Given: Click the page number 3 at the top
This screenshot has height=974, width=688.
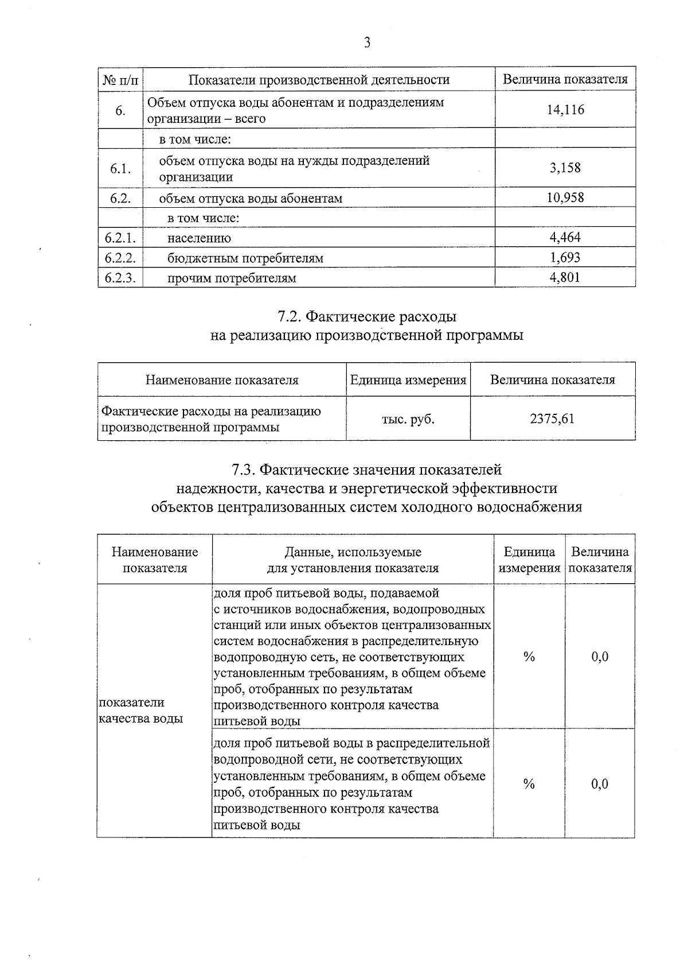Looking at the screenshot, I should coord(367,43).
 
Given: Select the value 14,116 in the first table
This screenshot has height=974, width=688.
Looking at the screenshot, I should coord(565,110).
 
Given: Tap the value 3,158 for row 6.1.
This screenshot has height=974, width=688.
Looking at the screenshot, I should coord(565,168).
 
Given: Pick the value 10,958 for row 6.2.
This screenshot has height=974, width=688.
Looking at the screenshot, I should coord(565,197).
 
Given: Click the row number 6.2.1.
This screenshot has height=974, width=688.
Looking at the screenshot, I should coord(120,238).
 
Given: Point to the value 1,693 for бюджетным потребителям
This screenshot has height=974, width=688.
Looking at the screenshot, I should coord(565,257).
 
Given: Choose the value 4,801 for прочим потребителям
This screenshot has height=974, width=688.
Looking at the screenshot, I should coord(565,278).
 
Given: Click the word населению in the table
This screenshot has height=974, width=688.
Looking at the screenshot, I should coord(200,238).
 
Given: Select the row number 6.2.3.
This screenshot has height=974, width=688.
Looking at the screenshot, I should coord(120,278).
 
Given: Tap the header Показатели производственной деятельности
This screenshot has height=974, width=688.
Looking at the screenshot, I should coord(319,80).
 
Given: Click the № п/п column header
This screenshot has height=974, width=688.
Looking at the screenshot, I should coord(120,80).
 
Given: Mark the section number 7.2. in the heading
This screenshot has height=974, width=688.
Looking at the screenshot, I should coord(290,317).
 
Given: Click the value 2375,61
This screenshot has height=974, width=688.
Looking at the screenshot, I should coord(552,418).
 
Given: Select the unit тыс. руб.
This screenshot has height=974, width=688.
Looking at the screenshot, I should coord(408,419).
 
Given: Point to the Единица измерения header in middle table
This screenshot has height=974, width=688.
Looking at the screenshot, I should coord(408,380).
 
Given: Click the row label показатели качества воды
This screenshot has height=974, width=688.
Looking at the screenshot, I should coord(141,711).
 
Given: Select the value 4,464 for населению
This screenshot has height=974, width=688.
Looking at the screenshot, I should coord(565,237).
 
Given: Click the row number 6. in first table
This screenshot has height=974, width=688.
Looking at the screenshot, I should coord(120,110).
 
